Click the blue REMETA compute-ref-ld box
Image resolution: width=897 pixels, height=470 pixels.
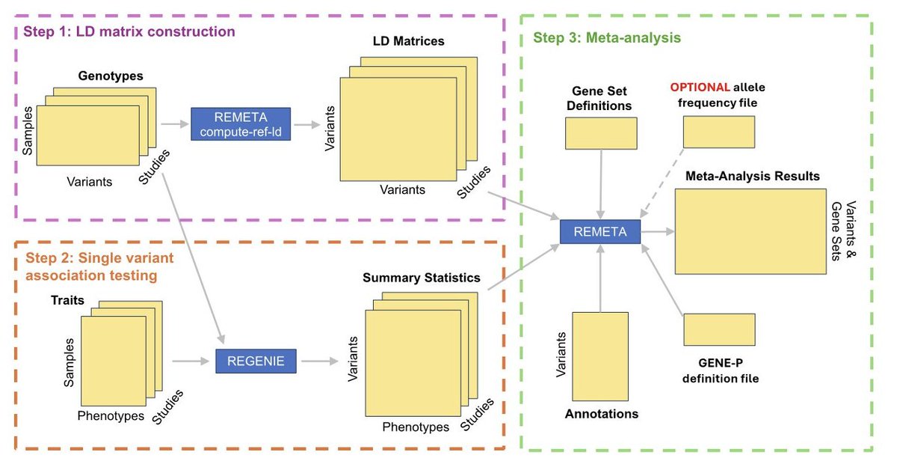click(241, 124)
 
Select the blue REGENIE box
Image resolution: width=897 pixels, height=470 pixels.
click(256, 361)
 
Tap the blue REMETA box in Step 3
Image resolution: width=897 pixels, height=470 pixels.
click(599, 231)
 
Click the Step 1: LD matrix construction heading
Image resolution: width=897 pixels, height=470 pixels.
click(129, 31)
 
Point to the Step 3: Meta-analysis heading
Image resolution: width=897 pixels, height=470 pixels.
click(607, 37)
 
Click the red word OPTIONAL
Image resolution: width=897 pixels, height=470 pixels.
click(700, 87)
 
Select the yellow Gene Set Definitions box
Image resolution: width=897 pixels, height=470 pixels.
click(601, 133)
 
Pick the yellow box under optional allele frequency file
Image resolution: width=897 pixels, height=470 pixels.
click(719, 132)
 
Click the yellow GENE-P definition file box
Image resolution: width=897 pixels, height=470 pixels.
click(719, 329)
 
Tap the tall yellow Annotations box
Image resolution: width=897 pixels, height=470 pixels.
click(599, 356)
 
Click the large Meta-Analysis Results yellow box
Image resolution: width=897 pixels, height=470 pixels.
click(750, 231)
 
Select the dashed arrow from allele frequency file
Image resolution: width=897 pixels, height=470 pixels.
click(662, 183)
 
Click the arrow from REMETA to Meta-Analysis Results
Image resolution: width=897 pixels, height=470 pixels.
click(657, 231)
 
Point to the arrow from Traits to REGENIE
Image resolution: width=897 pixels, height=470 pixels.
click(191, 361)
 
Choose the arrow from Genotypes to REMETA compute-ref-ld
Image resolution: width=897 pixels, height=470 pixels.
click(175, 124)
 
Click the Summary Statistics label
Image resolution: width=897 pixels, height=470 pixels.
click(422, 278)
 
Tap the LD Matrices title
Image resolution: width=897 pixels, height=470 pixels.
click(408, 41)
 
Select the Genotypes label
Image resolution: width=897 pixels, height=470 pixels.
click(111, 76)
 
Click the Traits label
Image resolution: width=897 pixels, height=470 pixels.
click(67, 300)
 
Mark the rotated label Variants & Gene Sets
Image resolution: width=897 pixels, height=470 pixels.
click(844, 231)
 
